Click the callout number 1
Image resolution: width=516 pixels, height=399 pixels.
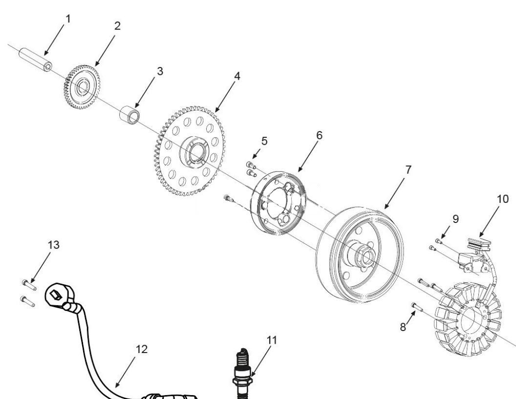68,19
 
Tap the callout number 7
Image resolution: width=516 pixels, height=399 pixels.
408,170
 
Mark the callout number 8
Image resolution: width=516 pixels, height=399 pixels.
403,327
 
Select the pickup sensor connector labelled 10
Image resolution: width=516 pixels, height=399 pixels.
479,243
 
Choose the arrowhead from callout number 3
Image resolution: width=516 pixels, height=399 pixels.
136,108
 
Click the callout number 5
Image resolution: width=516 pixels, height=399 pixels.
264,141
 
